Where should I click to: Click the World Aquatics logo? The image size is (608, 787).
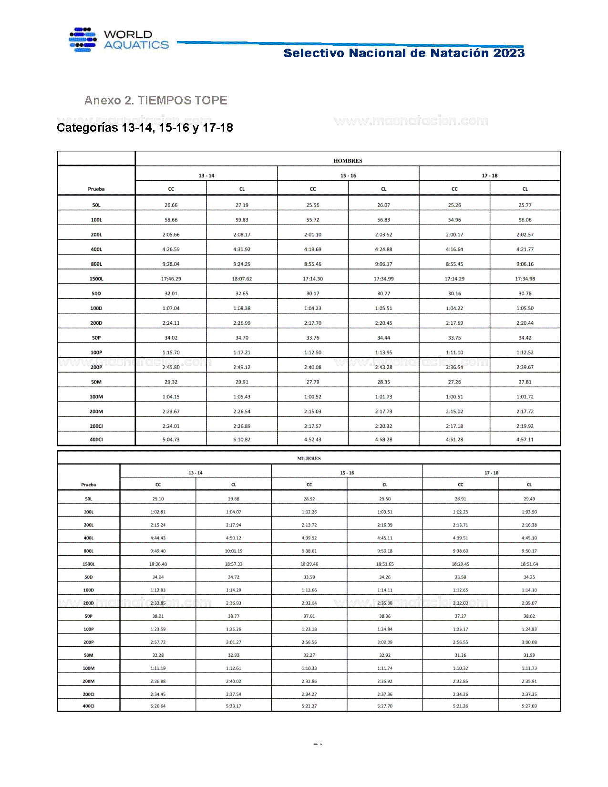click(119, 40)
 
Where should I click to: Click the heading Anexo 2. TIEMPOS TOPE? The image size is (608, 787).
click(155, 101)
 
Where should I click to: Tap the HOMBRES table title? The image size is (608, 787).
click(348, 161)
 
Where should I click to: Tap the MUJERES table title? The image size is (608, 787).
click(309, 458)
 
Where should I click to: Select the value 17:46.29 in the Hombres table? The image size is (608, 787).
click(171, 279)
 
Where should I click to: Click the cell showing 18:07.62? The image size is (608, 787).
click(242, 279)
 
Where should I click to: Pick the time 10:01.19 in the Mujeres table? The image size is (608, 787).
click(233, 551)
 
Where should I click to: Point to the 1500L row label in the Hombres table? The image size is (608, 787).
click(96, 279)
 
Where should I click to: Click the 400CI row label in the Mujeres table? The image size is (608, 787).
click(89, 706)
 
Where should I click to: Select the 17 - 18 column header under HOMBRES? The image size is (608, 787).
click(489, 176)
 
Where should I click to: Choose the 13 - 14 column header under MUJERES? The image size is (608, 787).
click(196, 473)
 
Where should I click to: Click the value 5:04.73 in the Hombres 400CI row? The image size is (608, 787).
click(171, 440)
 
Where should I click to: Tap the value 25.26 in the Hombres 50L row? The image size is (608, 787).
click(454, 205)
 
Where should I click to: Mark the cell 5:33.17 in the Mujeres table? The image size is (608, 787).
click(233, 706)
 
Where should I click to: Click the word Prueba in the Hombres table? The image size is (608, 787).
click(96, 189)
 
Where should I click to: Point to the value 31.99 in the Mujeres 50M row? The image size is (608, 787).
click(529, 655)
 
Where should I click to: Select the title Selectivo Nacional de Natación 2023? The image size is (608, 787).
click(403, 53)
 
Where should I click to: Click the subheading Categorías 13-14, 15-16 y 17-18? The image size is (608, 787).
click(144, 128)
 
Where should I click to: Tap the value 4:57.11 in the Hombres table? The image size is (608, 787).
click(525, 440)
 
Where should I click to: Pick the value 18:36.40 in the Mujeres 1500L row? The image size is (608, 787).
click(158, 564)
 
